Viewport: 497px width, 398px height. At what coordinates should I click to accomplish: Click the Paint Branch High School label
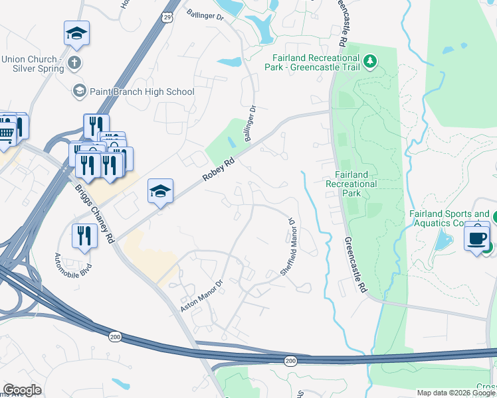pyautogui.click(x=142, y=92)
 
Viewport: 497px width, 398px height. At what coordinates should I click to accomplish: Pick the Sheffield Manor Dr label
pyautogui.click(x=287, y=246)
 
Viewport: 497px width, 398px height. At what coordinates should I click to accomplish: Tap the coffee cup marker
pyautogui.click(x=476, y=236)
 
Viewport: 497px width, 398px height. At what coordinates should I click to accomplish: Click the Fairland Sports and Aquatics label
pyautogui.click(x=449, y=218)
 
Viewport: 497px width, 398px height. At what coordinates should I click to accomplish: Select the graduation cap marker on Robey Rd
pyautogui.click(x=160, y=192)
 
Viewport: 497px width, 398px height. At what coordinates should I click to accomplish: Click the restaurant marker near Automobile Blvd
pyautogui.click(x=84, y=236)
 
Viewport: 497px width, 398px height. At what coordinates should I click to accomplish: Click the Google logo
pyautogui.click(x=22, y=390)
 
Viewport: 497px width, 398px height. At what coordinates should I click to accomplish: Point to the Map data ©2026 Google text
pyautogui.click(x=456, y=393)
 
